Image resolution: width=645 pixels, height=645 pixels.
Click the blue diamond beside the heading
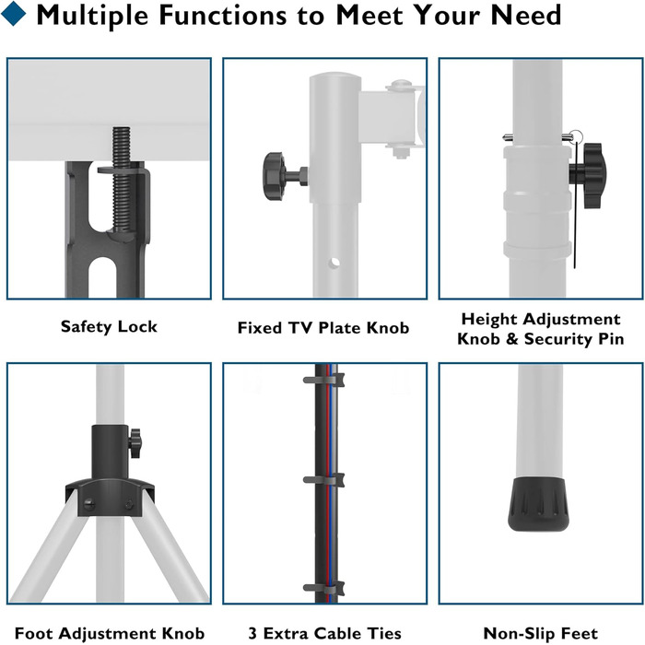click(14, 14)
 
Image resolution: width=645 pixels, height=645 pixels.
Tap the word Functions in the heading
click(222, 15)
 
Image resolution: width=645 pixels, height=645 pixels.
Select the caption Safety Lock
click(109, 326)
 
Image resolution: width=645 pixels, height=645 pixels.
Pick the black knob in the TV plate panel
click(274, 176)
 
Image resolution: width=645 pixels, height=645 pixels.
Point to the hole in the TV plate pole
click(334, 262)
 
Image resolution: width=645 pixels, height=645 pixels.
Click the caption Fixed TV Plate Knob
click(323, 328)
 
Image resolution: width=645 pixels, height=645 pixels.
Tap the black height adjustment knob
click(588, 175)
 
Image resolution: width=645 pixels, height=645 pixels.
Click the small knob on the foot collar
click(135, 443)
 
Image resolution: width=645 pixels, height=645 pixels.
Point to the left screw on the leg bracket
click(88, 503)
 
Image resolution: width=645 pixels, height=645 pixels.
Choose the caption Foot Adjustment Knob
click(110, 634)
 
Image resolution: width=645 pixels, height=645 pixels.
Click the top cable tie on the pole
click(323, 380)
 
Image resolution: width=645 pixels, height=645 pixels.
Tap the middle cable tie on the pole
click(323, 480)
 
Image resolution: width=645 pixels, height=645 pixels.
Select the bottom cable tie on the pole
click(323, 588)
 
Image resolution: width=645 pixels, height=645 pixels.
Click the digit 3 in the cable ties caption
click(252, 634)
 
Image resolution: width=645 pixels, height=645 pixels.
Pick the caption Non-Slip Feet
click(541, 634)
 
